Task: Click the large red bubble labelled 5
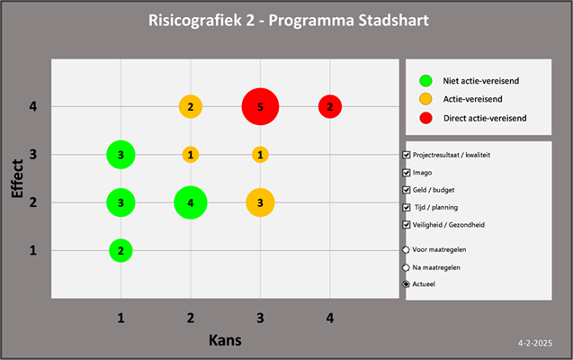pos(260,107)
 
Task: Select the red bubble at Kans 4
pos(330,107)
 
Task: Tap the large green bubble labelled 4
pos(190,202)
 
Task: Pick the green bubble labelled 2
pos(121,250)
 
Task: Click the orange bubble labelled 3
pos(260,202)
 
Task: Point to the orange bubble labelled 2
pos(190,107)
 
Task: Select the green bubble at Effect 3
pos(121,155)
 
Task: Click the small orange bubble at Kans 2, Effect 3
pos(190,155)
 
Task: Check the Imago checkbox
pos(407,172)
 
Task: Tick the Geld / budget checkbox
pos(407,189)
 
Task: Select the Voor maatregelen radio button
pos(407,250)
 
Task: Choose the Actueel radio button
pos(407,284)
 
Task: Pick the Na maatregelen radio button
pos(407,267)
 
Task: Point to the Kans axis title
pos(226,341)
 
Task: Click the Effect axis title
pos(17,178)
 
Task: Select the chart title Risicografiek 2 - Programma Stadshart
pos(287,20)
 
